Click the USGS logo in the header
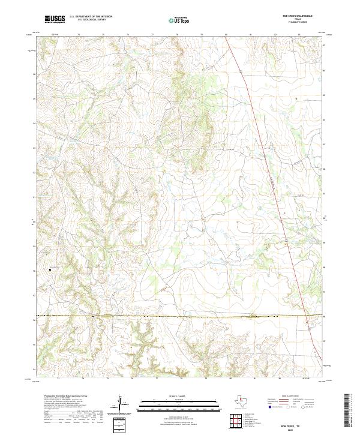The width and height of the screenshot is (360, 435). (55, 19)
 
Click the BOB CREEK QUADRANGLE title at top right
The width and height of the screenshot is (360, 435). (298, 16)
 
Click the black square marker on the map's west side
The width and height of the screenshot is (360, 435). (50, 270)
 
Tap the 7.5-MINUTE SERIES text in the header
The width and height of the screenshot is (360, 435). (298, 23)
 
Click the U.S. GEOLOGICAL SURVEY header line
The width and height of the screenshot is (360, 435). (90, 20)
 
